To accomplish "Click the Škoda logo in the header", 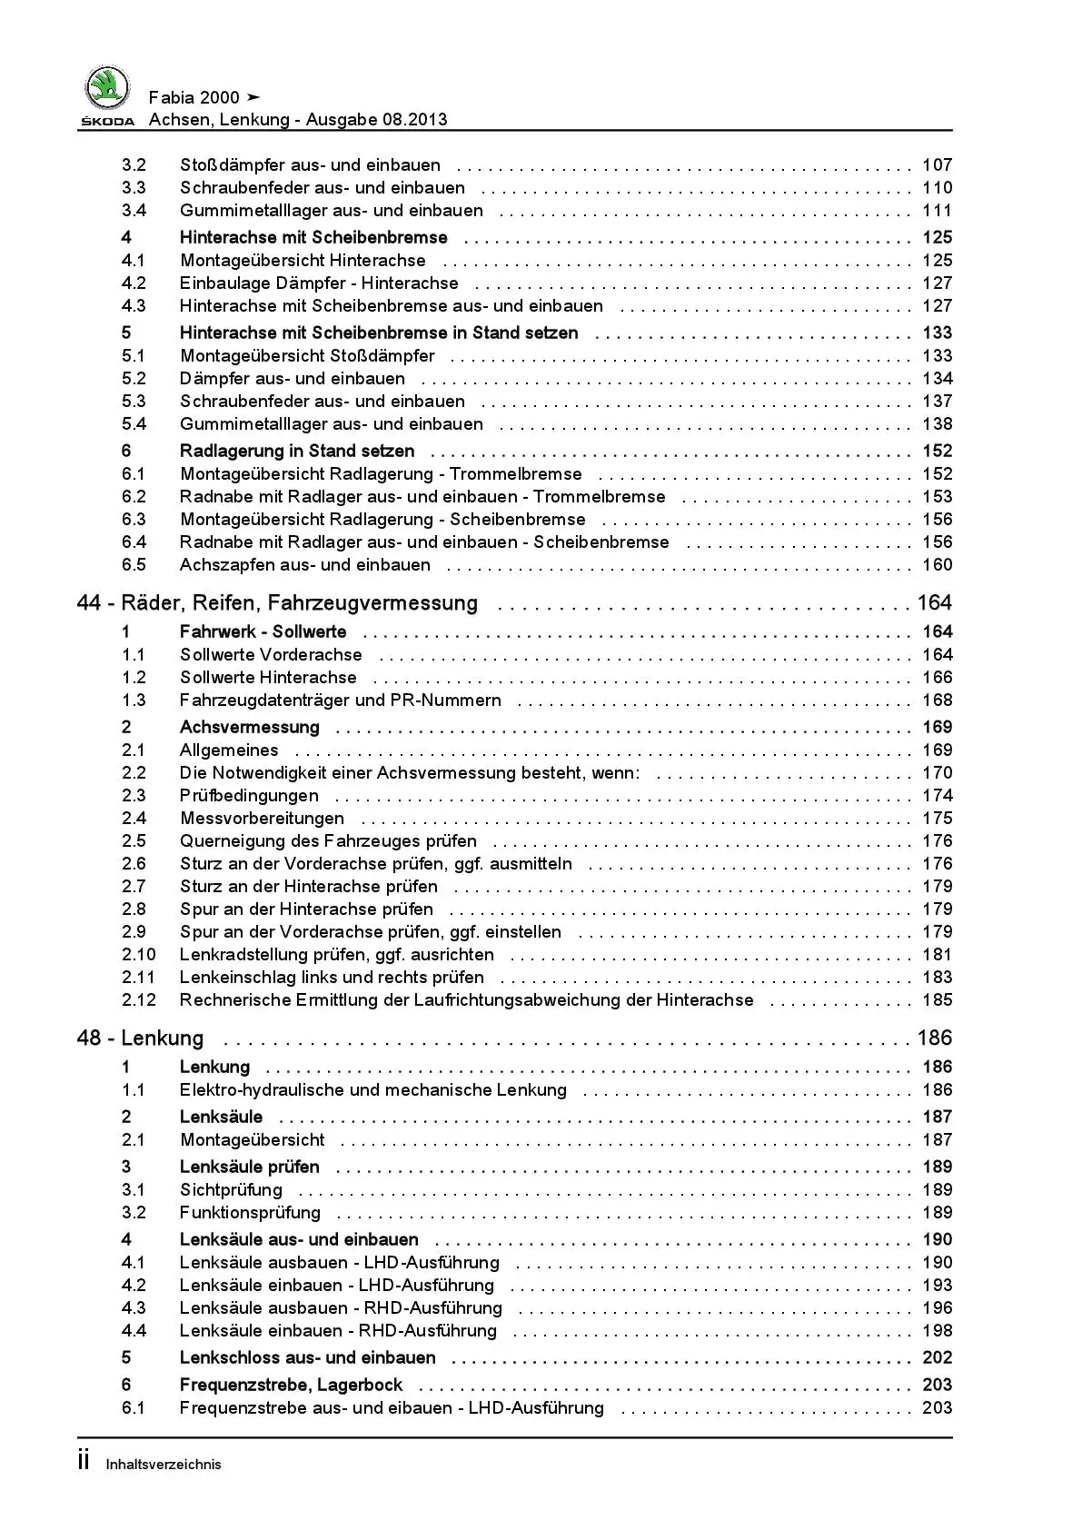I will click(108, 94).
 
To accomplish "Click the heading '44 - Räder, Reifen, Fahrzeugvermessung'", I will click(277, 603).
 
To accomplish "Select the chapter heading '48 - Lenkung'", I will click(140, 1038).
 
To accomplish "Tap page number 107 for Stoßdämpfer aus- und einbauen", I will click(937, 165).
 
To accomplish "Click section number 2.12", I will click(139, 1000).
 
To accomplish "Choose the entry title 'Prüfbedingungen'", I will click(249, 796).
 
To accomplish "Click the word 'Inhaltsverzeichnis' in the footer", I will click(164, 1465).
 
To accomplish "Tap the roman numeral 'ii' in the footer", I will click(84, 1461).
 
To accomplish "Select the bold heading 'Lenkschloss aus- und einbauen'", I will click(307, 1358).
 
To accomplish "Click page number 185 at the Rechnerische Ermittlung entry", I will click(937, 1000).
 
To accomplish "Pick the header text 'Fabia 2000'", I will click(194, 98).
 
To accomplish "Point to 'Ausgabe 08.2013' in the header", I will click(376, 120).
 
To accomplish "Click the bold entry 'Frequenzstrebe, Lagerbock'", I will click(291, 1386).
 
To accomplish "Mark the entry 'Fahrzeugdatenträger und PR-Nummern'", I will click(340, 700).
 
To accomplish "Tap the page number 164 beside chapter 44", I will click(934, 603).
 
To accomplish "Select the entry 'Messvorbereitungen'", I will click(262, 819).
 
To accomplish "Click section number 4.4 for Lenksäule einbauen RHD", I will click(134, 1331).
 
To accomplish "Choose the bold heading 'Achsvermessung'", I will click(250, 728).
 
